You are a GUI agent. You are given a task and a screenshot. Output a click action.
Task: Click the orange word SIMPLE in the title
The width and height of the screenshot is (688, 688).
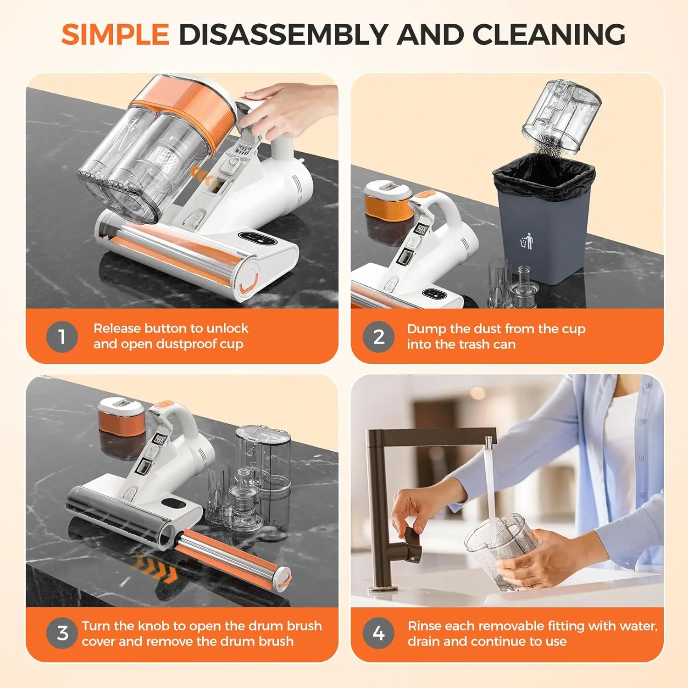(x=115, y=34)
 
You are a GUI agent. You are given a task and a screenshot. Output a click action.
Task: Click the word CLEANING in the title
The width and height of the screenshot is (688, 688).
(x=549, y=34)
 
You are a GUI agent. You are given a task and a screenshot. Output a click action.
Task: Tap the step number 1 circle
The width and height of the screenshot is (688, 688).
(x=62, y=337)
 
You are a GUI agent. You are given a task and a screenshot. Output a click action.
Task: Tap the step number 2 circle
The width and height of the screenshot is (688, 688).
(x=378, y=337)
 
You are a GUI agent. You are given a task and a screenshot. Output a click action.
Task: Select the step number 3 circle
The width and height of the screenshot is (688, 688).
(x=62, y=633)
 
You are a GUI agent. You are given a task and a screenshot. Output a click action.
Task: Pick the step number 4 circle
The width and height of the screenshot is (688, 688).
(x=378, y=633)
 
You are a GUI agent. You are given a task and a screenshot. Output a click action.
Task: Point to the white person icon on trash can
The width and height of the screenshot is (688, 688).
(x=527, y=241)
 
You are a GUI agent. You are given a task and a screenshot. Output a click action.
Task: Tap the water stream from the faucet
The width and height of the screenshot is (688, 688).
(x=490, y=486)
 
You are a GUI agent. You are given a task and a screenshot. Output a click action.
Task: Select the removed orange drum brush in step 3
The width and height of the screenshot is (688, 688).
(x=234, y=557)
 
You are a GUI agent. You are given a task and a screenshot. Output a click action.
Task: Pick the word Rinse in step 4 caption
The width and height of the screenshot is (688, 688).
(x=424, y=626)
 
